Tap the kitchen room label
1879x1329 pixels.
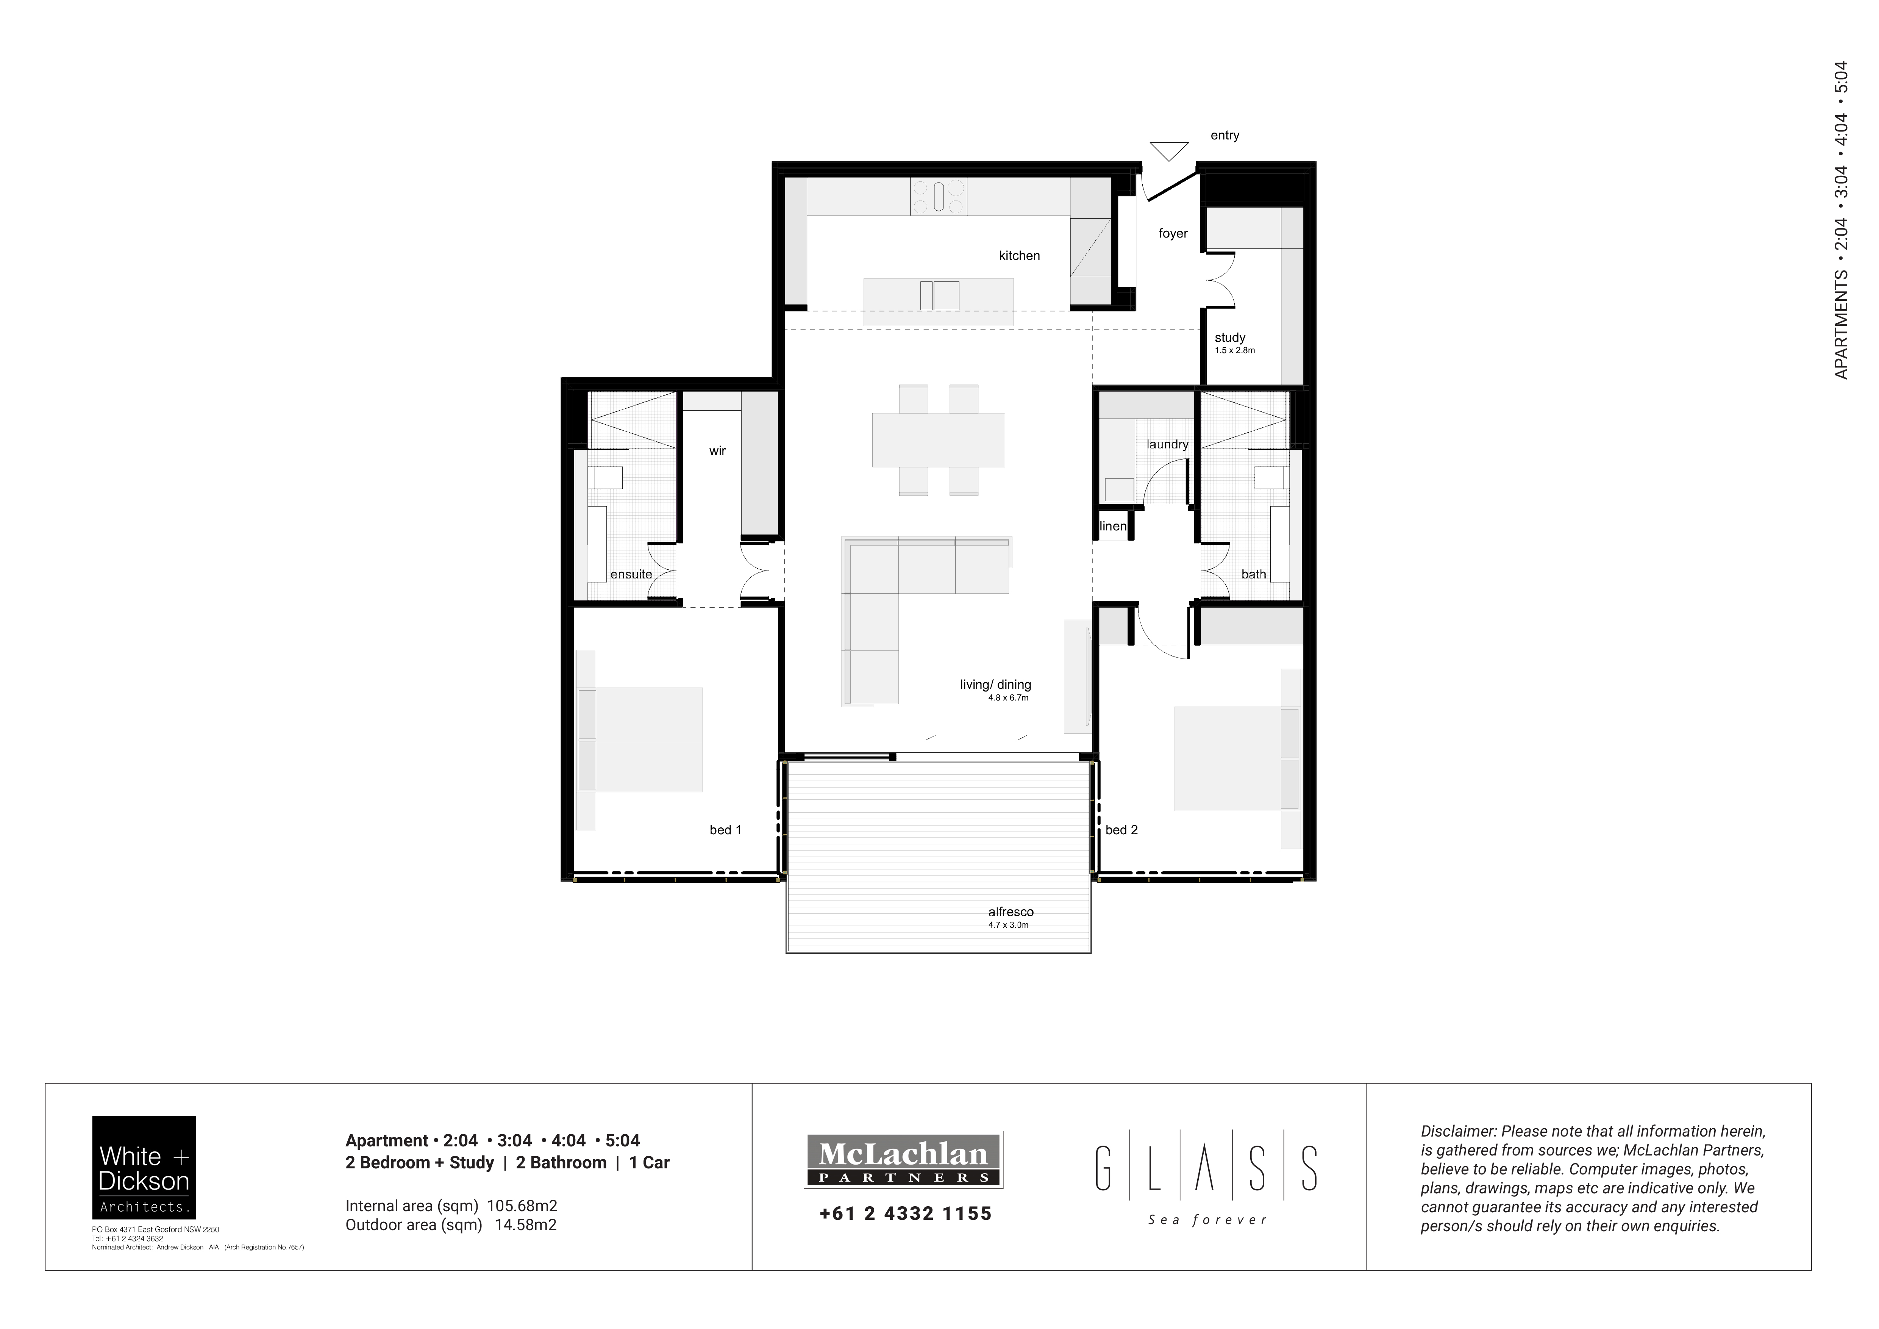[x=1019, y=255]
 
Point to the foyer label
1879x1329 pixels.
[x=1173, y=233]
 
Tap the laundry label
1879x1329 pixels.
[x=1167, y=444]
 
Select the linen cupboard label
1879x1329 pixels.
[x=1113, y=526]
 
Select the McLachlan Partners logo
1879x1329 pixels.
[x=903, y=1160]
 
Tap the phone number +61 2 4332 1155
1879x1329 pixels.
[x=905, y=1213]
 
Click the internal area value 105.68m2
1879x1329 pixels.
[x=522, y=1205]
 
